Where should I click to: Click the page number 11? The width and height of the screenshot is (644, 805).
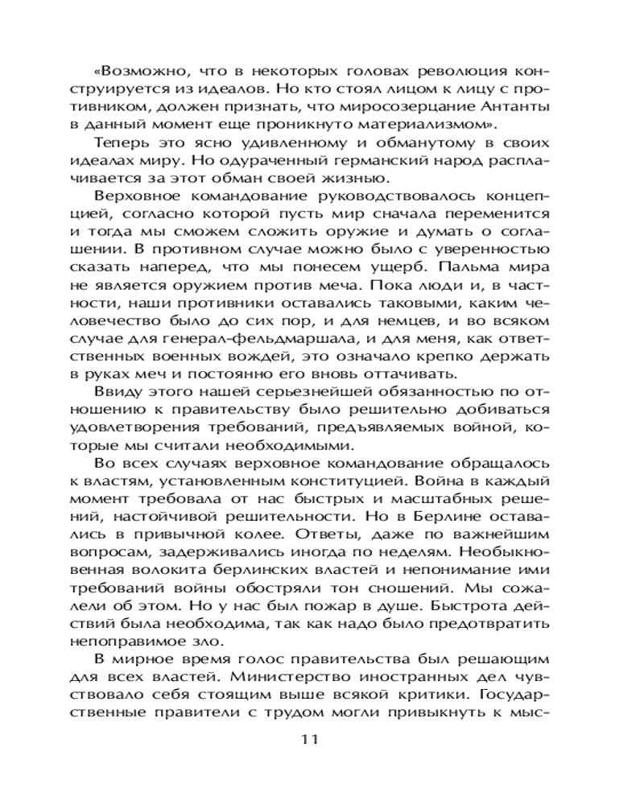point(309,739)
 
